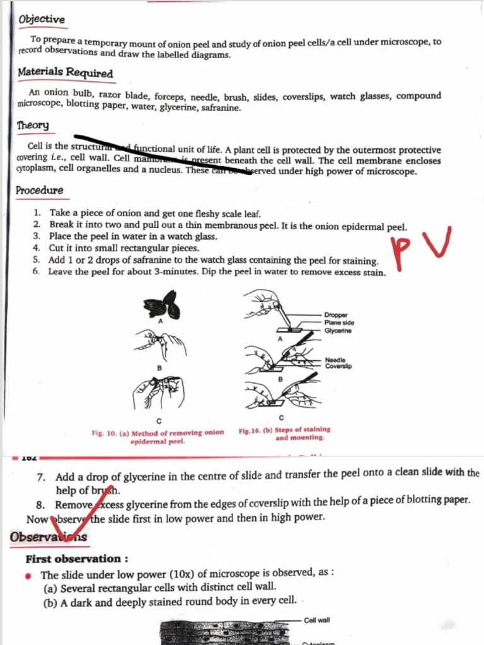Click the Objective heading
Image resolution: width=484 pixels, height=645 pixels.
click(42, 20)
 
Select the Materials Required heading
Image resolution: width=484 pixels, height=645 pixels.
click(65, 72)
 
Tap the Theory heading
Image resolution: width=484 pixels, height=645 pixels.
click(33, 125)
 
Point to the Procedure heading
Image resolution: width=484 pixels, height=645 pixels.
click(39, 190)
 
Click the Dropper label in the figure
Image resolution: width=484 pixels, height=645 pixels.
click(336, 315)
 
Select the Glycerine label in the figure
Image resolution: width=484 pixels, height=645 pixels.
click(338, 331)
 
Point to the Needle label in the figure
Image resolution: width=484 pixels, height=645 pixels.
click(335, 360)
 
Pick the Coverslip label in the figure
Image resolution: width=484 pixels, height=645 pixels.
click(338, 367)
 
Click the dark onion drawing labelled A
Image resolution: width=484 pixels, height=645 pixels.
click(162, 305)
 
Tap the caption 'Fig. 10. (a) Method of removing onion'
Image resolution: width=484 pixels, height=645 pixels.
click(158, 433)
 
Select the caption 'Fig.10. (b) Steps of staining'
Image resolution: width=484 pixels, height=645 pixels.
click(284, 430)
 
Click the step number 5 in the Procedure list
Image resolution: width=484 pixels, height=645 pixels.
click(37, 260)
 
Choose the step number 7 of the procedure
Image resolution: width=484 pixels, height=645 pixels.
click(41, 477)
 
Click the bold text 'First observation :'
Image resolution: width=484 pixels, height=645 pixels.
click(77, 559)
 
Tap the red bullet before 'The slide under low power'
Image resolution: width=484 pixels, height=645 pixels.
click(28, 576)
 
